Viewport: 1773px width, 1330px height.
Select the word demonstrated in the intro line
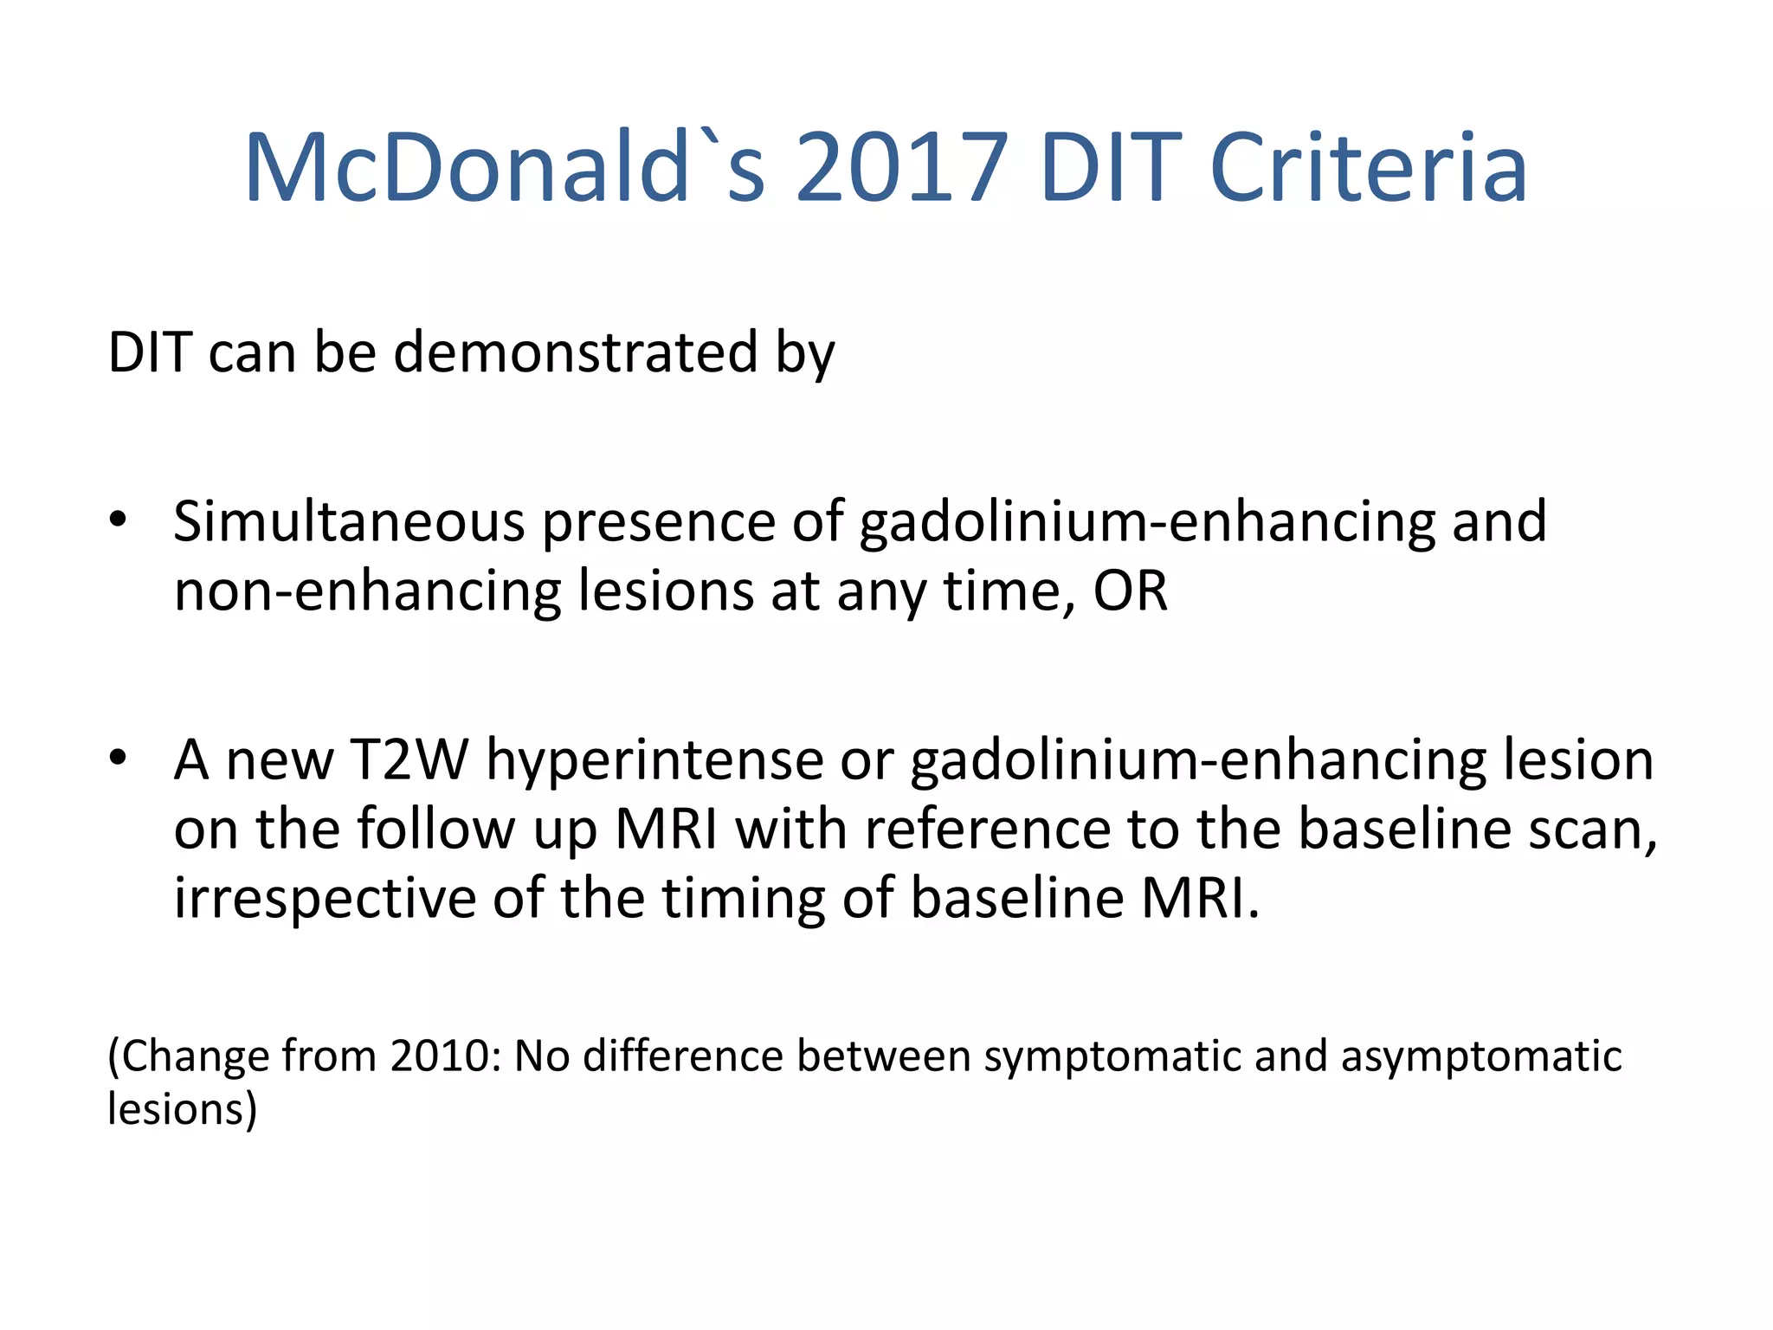(x=576, y=352)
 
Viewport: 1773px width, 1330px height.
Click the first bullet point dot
(x=119, y=520)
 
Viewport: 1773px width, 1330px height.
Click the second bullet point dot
(x=119, y=758)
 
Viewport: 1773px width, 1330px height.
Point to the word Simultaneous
(x=349, y=522)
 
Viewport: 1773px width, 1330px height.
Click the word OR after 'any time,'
(x=1130, y=591)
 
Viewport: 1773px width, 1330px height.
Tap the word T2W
(x=409, y=760)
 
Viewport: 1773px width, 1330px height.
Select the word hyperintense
(x=654, y=760)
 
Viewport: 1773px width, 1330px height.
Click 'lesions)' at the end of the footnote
(x=182, y=1109)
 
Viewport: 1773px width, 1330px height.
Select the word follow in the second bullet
(x=436, y=829)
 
